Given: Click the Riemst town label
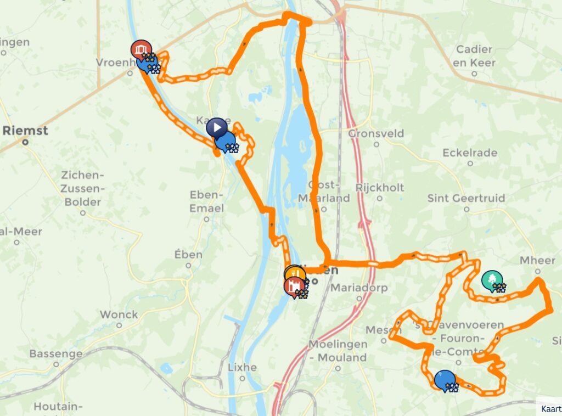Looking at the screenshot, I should coord(25,131).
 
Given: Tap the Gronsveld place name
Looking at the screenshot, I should coord(376,133).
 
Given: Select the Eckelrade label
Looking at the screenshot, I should coord(469,153).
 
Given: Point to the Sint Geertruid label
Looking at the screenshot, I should coord(466,198).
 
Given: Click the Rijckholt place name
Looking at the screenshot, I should coord(379,187).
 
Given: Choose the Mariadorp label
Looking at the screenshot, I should coord(359,288).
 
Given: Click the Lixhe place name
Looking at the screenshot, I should coord(241,367).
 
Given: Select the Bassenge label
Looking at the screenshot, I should coord(55,353).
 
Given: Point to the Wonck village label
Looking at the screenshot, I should coord(119,314).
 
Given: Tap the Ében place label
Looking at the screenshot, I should coord(188,255).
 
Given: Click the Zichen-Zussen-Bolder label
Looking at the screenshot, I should coord(82,188).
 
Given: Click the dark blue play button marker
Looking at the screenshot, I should coord(217,127).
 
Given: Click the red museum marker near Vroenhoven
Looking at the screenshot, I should coord(141,49).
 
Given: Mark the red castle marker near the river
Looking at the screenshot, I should coord(294,285).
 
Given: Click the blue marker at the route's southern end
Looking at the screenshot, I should coord(444,379).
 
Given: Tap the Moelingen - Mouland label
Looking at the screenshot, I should coord(337,351).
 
